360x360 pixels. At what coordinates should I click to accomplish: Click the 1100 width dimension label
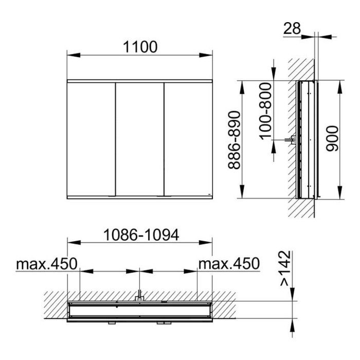coord(140,47)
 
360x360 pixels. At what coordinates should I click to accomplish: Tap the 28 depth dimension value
coord(292,29)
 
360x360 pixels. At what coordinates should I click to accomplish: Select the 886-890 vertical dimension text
coord(235,140)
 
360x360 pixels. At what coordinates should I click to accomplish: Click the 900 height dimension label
coord(332,138)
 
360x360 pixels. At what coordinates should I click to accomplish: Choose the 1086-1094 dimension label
coord(141,235)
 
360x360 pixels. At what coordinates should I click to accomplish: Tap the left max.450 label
coord(47,264)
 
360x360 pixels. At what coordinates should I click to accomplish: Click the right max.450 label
coord(229,263)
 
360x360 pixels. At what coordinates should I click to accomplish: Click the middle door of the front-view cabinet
coord(139,139)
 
